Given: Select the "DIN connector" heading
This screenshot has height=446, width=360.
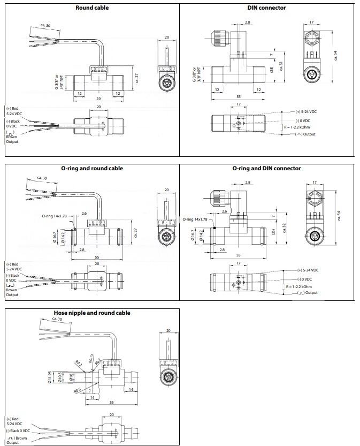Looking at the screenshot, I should (266, 7).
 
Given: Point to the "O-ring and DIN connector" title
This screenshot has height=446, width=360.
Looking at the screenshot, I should (266, 168).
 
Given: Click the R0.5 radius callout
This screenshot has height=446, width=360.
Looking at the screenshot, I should (77, 391).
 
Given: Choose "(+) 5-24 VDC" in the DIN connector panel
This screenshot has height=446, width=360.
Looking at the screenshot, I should (307, 112).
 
